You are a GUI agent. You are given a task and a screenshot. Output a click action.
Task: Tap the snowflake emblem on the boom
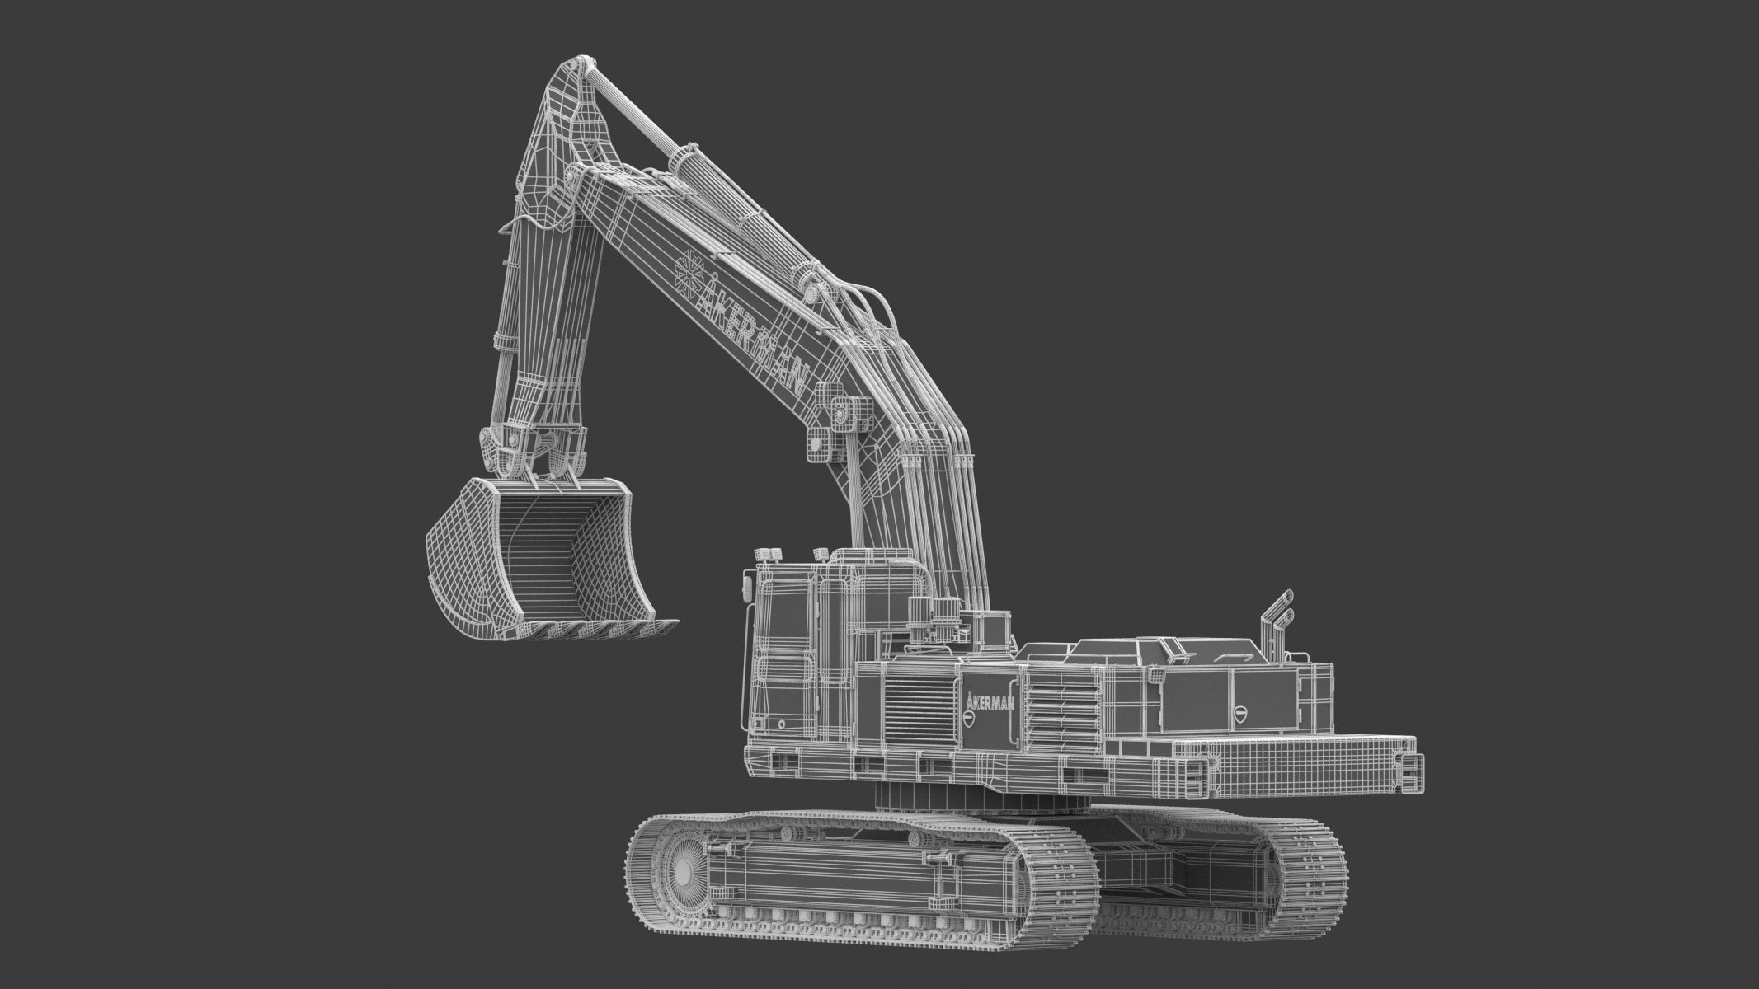pos(688,267)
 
